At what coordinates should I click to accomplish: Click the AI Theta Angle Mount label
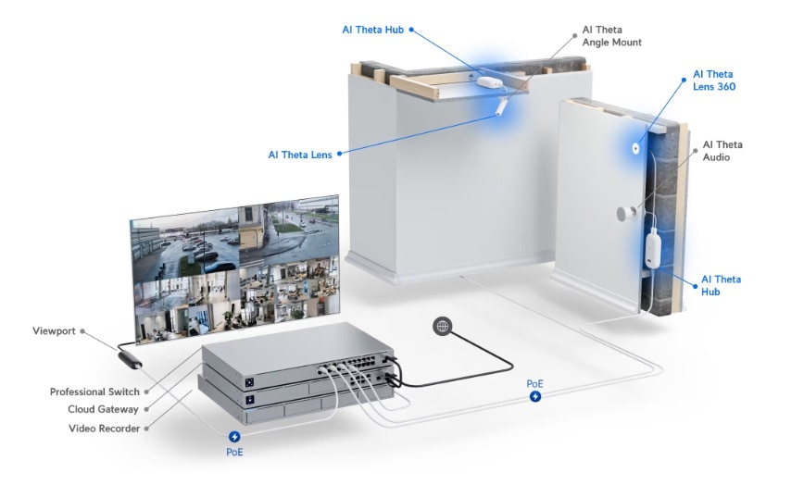pos(611,36)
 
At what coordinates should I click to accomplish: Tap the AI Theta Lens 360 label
pos(714,81)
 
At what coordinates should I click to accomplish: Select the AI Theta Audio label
pos(722,151)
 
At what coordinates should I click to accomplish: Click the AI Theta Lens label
pos(300,155)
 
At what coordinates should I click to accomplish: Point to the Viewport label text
pos(54,330)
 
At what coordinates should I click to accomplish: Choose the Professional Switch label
pos(94,392)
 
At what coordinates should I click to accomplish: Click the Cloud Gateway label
pos(103,409)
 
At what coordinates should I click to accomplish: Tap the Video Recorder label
pos(104,429)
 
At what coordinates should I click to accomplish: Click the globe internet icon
pos(443,326)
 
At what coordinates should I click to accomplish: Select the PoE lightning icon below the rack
pos(234,436)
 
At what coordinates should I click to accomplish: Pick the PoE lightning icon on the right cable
pos(535,396)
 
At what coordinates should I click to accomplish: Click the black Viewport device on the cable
pos(131,359)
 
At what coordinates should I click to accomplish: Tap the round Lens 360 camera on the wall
pos(635,148)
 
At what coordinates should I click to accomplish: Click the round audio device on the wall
pos(626,214)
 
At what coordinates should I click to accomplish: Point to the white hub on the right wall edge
pos(652,249)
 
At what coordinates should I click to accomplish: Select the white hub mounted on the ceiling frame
pos(490,82)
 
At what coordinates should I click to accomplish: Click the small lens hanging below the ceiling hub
pos(501,106)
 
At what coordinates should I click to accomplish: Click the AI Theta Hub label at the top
pos(372,30)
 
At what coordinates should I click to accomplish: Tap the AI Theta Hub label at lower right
pos(721,285)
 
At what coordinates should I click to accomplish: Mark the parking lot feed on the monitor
pos(184,243)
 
